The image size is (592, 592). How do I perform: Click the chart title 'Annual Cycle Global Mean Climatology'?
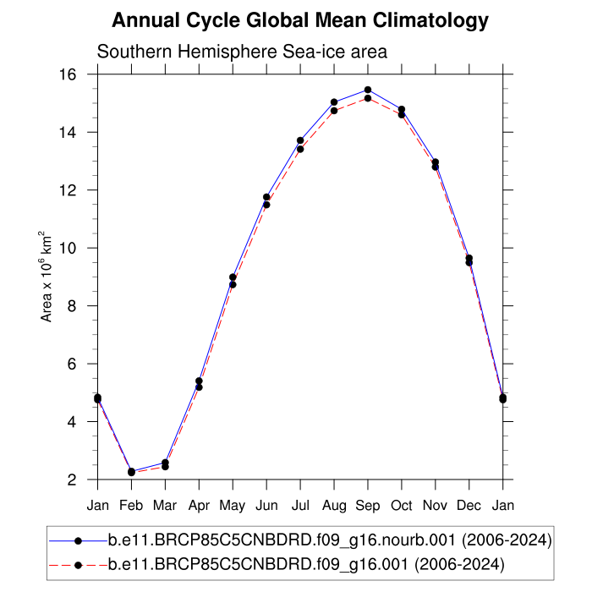point(300,20)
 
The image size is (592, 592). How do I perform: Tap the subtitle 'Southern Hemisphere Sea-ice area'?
point(242,52)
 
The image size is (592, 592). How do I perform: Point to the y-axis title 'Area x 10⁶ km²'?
point(48,277)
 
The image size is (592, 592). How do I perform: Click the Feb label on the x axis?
point(131,505)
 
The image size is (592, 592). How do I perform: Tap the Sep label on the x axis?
point(368,505)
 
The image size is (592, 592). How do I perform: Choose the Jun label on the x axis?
point(266,505)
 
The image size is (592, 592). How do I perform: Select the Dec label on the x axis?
point(469,505)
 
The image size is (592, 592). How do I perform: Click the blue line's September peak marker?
point(368,90)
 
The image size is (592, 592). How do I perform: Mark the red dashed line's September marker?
point(368,98)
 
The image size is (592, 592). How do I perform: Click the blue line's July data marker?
point(300,140)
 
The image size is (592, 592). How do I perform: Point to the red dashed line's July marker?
point(300,149)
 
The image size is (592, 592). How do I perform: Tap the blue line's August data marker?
point(334,102)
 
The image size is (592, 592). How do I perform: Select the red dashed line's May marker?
point(233,284)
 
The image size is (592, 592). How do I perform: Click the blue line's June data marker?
point(266,197)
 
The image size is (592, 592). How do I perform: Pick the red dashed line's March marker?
point(165,466)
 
